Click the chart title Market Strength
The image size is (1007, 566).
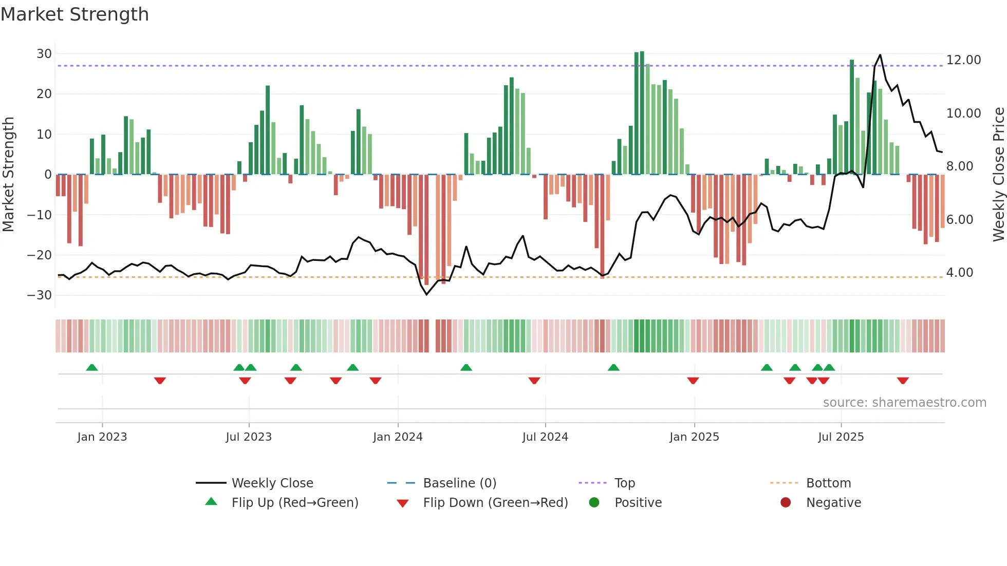(x=74, y=14)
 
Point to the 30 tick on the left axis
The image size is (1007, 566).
(x=44, y=54)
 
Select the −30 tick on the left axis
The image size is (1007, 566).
(x=40, y=295)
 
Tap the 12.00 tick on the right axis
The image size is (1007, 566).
(x=963, y=60)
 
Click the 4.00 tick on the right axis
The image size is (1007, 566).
(x=959, y=273)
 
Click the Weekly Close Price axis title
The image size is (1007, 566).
(x=998, y=175)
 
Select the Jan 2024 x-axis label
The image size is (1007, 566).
(x=398, y=437)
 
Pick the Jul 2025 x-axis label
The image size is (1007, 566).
(x=841, y=437)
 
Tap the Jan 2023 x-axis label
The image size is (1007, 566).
(x=102, y=437)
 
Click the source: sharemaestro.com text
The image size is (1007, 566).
(x=904, y=403)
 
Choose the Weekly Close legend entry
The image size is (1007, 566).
(x=272, y=483)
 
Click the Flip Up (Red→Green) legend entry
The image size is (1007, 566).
(x=294, y=503)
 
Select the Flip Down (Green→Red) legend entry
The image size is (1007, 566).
(x=495, y=503)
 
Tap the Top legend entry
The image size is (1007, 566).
(x=624, y=483)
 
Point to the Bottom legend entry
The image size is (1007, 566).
(x=828, y=483)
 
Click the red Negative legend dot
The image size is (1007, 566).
(x=786, y=503)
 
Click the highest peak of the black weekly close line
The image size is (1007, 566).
(x=880, y=55)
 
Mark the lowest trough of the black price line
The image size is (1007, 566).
(x=426, y=294)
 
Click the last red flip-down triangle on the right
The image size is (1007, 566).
(x=903, y=381)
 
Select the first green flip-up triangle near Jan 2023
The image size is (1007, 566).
(x=92, y=367)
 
